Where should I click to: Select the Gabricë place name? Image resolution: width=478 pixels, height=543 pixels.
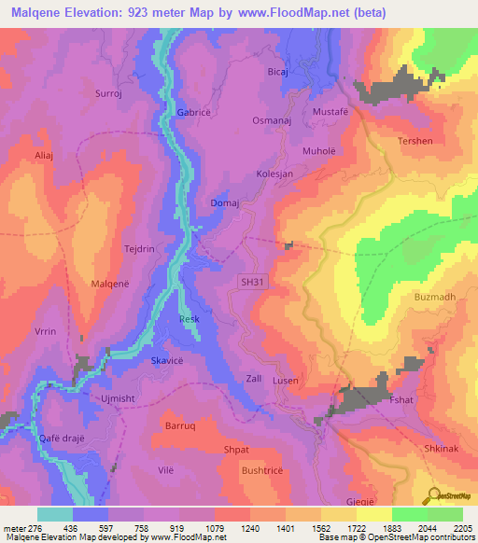[194, 113]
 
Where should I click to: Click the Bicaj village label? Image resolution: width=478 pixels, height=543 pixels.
[278, 71]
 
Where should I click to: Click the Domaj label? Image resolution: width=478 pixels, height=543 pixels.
[225, 202]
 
